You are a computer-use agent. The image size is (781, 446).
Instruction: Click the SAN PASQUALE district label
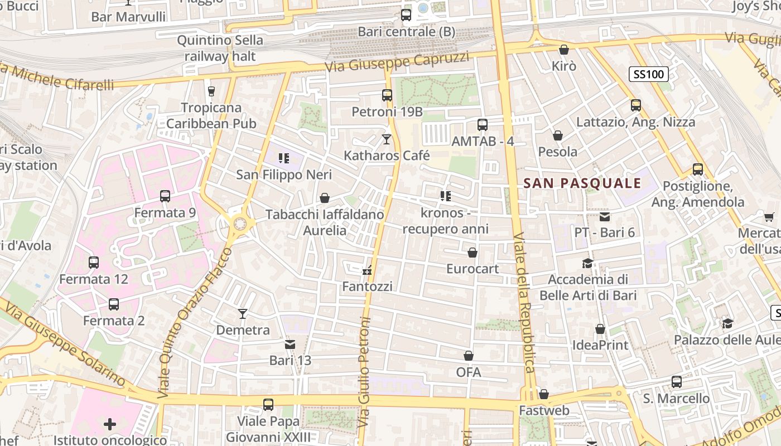582,183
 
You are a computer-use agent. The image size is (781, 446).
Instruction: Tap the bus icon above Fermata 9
165,196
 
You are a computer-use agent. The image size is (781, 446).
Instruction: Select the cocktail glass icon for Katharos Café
387,139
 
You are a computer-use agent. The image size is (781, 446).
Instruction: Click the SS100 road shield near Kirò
649,74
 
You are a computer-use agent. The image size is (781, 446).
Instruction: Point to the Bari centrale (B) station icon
406,15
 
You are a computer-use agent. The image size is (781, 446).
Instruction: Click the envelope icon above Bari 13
290,344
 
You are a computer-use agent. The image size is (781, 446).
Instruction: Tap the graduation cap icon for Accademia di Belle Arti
587,263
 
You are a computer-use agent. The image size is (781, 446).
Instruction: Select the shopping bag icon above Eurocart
473,253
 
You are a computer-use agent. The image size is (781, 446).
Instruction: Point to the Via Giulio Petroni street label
365,372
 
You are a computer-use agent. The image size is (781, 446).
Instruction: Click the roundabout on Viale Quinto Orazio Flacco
240,224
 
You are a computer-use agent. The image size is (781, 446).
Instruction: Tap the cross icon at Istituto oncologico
110,424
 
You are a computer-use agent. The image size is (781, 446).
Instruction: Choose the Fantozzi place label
367,287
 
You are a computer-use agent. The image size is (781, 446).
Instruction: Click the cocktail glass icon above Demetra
243,314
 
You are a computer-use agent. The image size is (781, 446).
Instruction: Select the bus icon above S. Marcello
677,382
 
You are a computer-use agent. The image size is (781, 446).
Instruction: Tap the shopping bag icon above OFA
469,356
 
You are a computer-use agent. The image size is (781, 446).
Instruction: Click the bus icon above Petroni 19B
387,95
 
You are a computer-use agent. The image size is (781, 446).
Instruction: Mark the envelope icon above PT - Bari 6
605,216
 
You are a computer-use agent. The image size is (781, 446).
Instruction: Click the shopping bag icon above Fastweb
544,395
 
